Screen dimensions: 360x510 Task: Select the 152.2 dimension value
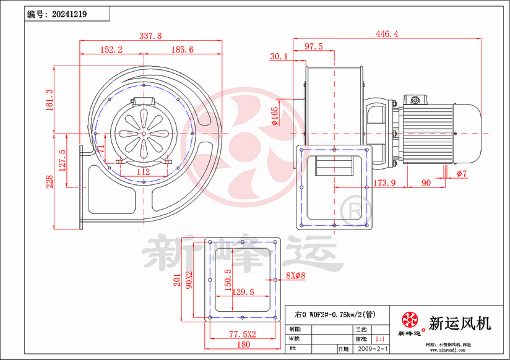click(111, 49)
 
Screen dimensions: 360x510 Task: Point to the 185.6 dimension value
click(182, 49)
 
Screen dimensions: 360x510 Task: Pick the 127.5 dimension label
click(62, 160)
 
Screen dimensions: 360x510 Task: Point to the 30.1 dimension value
click(280, 56)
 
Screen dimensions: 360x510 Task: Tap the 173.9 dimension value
click(384, 183)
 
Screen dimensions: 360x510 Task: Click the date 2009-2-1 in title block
click(374, 349)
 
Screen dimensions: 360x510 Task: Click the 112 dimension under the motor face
click(143, 171)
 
